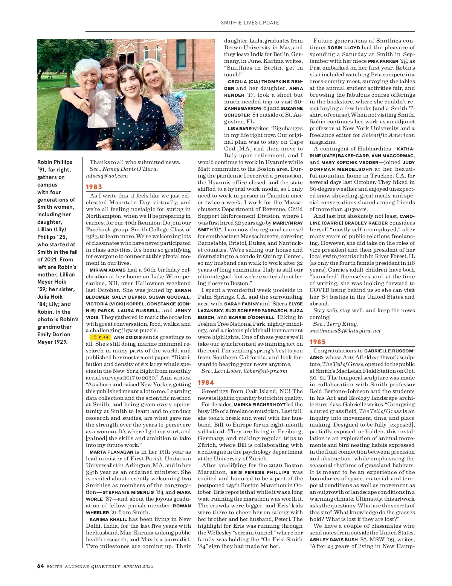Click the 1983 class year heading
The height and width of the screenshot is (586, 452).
[94, 187]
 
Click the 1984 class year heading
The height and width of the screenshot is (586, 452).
[206, 383]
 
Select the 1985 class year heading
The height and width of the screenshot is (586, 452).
[318, 342]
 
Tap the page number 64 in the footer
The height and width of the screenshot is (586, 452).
[41, 566]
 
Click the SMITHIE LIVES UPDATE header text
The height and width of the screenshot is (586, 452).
[250, 23]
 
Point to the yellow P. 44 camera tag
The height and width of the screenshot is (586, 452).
[100, 337]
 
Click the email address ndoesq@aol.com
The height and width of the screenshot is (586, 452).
[107, 176]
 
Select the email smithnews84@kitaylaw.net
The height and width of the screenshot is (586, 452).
[345, 331]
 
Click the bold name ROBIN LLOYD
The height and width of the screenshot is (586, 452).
[344, 48]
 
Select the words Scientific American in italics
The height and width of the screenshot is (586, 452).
[388, 135]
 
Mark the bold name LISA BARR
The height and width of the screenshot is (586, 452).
[240, 129]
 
